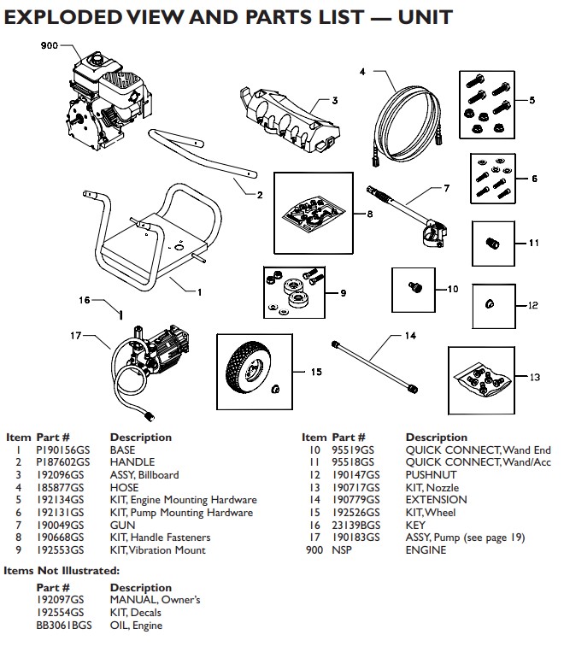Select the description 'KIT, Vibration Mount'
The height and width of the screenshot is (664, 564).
tap(158, 550)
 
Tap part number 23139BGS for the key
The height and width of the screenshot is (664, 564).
tap(354, 526)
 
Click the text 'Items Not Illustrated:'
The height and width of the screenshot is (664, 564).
tap(61, 570)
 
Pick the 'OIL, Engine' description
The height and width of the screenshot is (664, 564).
tap(136, 626)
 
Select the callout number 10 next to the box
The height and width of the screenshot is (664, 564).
tap(453, 290)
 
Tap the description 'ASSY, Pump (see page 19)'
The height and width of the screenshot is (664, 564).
tap(465, 538)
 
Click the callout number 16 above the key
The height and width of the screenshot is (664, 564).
tap(84, 300)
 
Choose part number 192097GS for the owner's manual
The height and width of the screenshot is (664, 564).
tap(60, 600)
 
